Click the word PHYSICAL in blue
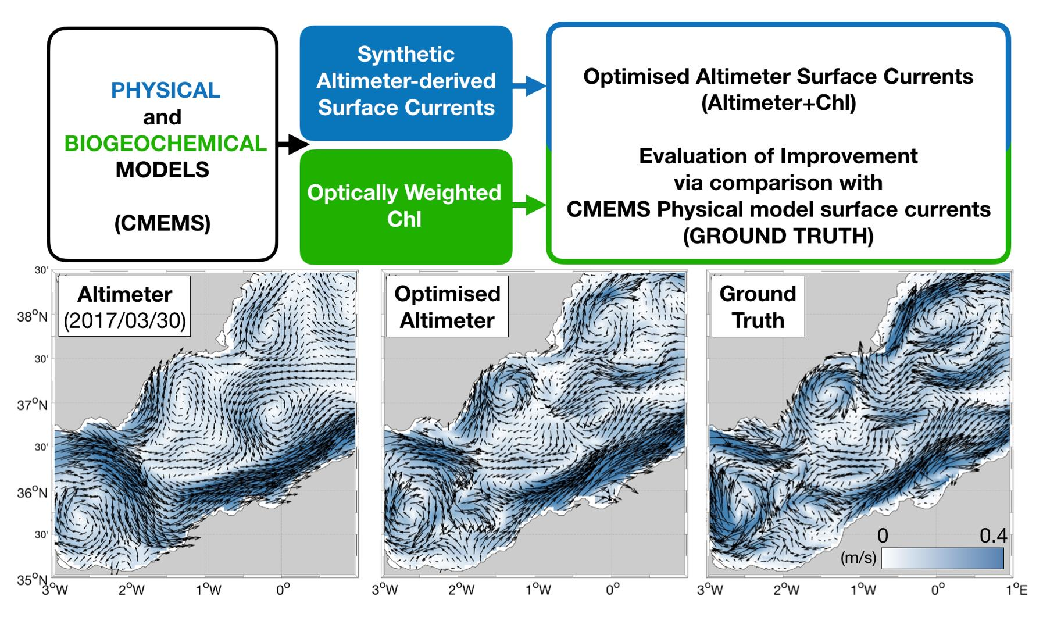tap(166, 90)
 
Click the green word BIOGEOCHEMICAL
tap(166, 144)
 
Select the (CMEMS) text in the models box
tap(162, 223)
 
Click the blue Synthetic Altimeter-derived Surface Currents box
tap(406, 81)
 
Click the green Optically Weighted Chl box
tap(405, 206)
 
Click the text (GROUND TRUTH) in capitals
tap(778, 237)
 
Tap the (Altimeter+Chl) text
tap(778, 104)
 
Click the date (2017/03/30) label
tap(124, 321)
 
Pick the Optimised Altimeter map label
tap(447, 306)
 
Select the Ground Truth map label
tap(758, 306)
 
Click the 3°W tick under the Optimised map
tap(384, 590)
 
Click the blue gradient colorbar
tap(942, 558)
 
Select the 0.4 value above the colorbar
tap(992, 536)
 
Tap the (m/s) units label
tap(858, 558)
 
